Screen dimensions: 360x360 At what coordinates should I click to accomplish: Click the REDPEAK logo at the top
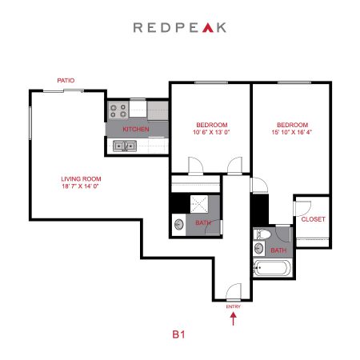180,27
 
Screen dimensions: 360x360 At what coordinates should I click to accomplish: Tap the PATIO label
66,80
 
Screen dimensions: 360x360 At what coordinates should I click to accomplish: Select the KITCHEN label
136,129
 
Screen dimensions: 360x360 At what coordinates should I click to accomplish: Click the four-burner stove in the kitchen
118,110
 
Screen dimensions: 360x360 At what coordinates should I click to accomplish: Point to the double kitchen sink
125,146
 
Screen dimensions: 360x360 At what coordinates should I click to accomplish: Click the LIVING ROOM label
81,179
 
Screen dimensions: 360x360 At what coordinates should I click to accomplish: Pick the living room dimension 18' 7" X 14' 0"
81,186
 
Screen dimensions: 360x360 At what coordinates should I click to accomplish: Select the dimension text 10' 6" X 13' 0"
211,132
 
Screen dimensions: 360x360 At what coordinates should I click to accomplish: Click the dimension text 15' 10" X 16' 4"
292,132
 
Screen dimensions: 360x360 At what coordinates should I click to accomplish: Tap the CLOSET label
314,219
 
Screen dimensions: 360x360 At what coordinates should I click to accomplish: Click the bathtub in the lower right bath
271,268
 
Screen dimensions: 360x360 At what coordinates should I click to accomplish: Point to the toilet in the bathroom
262,234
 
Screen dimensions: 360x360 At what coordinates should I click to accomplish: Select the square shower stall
199,204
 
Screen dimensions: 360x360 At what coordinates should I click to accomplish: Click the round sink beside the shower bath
179,224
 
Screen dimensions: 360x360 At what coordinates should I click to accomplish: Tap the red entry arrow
234,319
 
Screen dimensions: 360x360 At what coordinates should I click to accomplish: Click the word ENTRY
234,306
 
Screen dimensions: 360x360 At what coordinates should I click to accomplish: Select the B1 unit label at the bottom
178,334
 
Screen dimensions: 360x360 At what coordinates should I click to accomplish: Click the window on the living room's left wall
30,122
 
